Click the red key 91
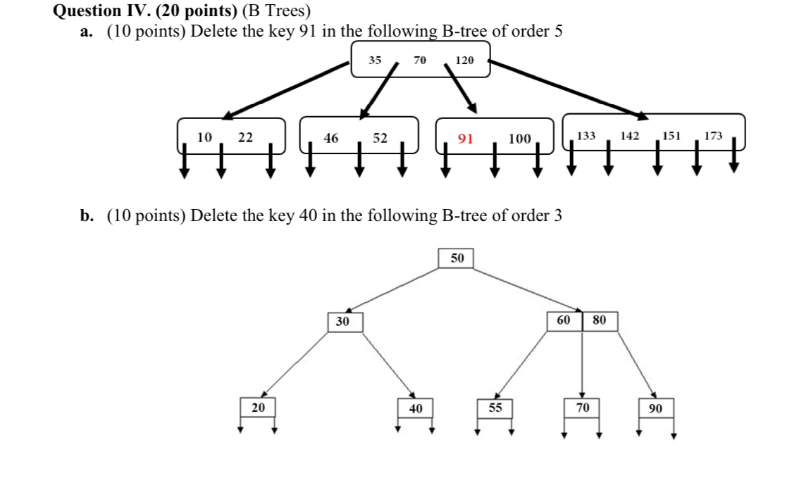coord(465,138)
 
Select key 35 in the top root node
coord(375,61)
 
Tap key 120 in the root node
coord(464,61)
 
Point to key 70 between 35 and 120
coord(419,61)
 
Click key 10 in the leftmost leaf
coord(204,137)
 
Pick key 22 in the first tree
coord(244,137)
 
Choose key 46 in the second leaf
coord(330,138)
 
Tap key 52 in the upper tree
coord(380,138)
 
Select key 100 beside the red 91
coord(519,138)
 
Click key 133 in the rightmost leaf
coord(586,135)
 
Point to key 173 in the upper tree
coord(713,135)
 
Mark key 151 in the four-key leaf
coord(671,135)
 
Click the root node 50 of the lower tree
coord(457,258)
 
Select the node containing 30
coord(343,322)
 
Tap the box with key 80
coord(600,320)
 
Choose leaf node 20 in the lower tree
coord(259,408)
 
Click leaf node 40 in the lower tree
coord(416,408)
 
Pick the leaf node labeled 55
coord(495,408)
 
